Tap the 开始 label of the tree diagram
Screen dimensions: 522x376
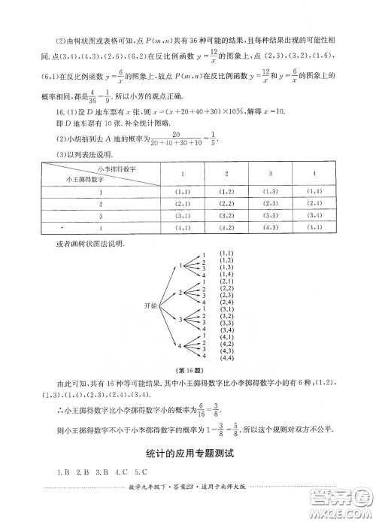[x=150, y=305]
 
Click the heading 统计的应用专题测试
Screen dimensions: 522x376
[x=189, y=454]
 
